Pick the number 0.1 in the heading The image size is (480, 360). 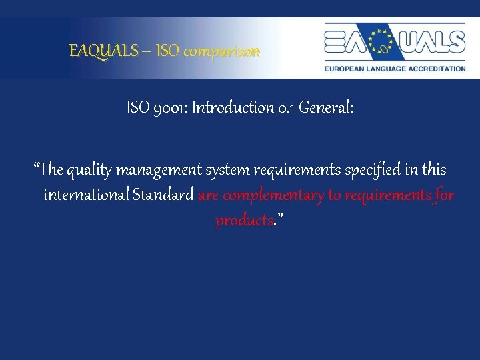point(287,107)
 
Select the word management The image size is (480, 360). point(159,171)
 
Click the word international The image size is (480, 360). point(85,195)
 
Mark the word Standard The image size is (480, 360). point(163,195)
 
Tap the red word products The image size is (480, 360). point(244,221)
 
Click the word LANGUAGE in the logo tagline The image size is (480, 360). point(387,68)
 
